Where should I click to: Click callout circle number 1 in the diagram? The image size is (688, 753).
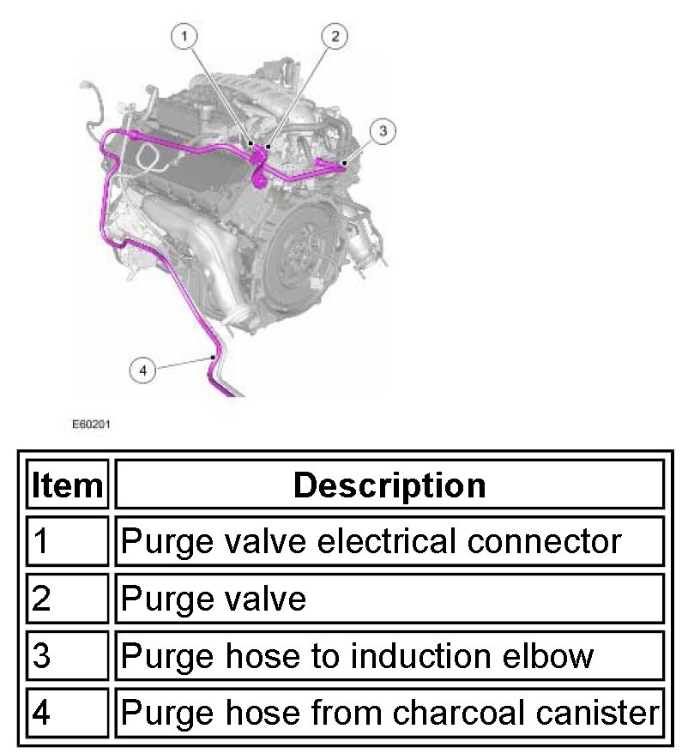coord(185,36)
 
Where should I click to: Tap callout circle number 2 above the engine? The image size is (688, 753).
coord(335,36)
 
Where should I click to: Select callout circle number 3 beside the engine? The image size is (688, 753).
coord(383,130)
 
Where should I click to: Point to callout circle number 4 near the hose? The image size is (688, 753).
coord(142,370)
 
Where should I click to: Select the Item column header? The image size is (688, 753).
coord(68,485)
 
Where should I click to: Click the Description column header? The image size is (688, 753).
coord(389,485)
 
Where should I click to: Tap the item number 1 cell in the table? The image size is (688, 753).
coord(68,541)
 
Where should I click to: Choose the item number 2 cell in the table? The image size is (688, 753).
coord(68,599)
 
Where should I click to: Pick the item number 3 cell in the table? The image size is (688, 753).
coord(68,656)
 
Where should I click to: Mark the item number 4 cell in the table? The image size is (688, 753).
coord(68,714)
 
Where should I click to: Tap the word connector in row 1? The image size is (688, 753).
coord(548,541)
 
